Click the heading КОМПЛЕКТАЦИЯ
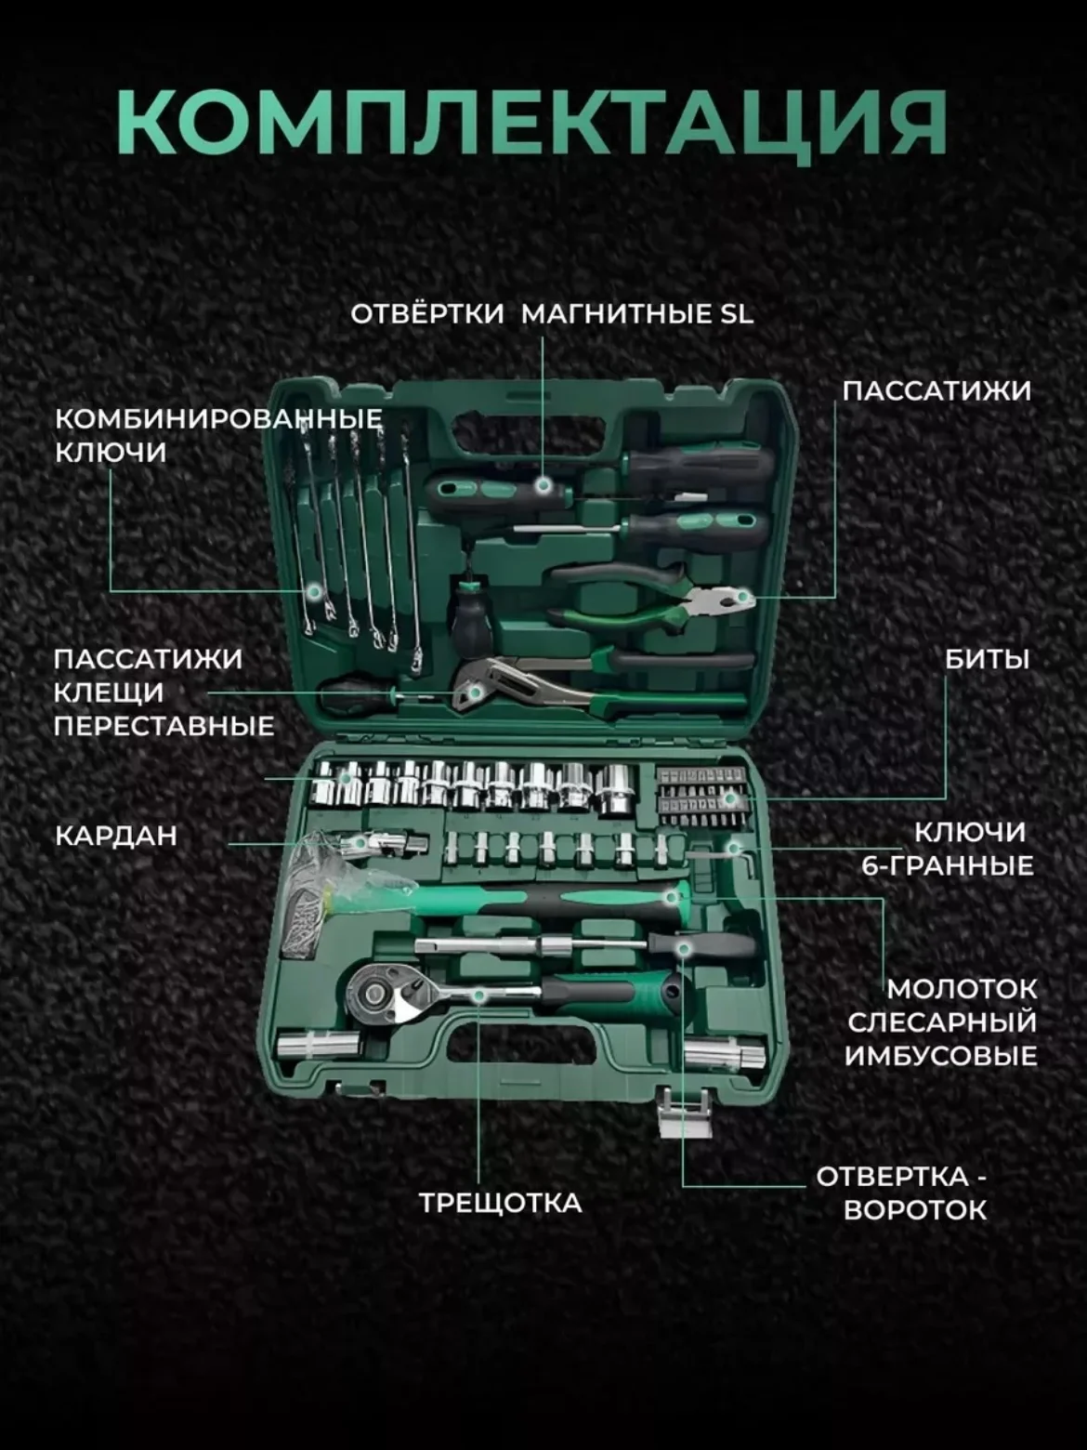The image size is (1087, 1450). click(532, 124)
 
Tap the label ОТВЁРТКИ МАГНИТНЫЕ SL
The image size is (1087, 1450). click(552, 314)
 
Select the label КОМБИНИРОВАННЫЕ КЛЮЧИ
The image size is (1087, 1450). click(218, 436)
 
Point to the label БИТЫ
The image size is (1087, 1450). click(987, 659)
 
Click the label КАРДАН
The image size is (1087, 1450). click(116, 836)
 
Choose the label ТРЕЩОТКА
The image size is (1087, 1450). click(501, 1203)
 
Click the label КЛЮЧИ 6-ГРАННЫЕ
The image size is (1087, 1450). click(948, 849)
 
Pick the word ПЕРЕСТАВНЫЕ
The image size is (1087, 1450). click(164, 727)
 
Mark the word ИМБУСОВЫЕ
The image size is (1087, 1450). click(941, 1056)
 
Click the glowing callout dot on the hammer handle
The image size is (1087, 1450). click(672, 897)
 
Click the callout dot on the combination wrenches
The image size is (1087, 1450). click(315, 591)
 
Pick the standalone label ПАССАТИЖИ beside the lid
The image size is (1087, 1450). click(936, 391)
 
